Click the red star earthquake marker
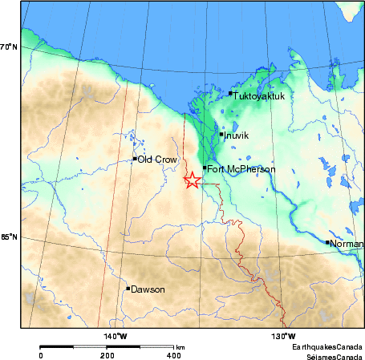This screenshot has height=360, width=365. tap(193, 180)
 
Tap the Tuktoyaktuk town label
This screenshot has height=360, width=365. tap(258, 96)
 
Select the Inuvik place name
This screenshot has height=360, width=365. tap(237, 136)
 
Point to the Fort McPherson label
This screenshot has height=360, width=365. tap(241, 169)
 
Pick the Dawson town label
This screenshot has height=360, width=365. tap(148, 289)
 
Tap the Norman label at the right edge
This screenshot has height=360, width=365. tap(347, 243)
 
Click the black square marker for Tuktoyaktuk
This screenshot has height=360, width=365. tap(230, 93)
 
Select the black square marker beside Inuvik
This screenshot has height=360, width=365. tap(221, 134)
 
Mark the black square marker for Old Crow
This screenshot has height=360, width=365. tap(135, 159)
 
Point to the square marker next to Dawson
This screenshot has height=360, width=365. tap(128, 288)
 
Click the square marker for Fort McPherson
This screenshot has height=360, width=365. tap(205, 168)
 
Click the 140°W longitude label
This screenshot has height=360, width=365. tap(115, 336)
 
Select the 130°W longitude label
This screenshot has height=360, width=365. tap(283, 336)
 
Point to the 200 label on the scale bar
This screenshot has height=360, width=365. tap(106, 354)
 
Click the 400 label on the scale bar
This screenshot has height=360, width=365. tap(172, 354)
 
